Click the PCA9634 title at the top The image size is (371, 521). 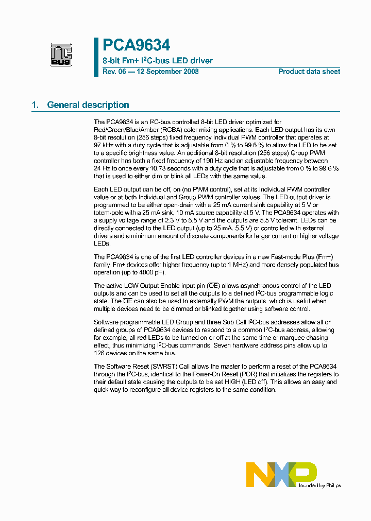[136, 46]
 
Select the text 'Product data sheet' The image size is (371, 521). [309, 72]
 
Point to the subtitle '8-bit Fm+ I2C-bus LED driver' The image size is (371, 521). [157, 61]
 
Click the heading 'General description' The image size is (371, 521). [88, 105]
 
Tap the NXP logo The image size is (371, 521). [281, 474]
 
